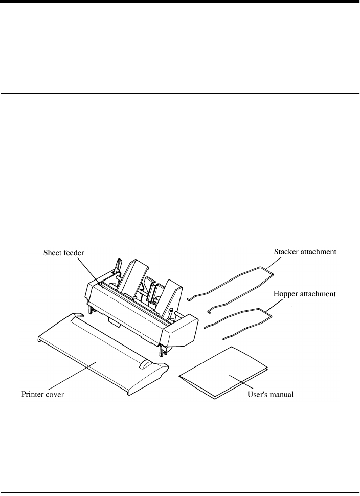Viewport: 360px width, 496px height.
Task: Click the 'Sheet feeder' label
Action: [63, 252]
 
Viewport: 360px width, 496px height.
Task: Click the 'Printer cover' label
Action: [42, 395]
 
